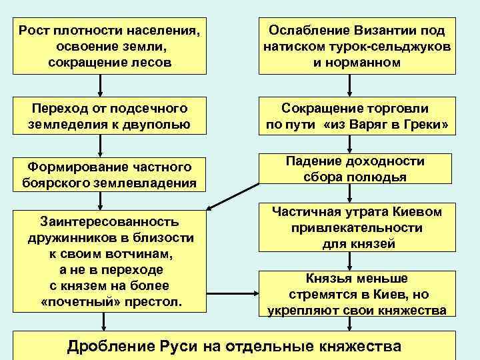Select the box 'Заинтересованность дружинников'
(x=110, y=262)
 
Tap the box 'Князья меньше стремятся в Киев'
(x=357, y=293)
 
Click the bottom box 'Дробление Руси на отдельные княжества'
(x=235, y=346)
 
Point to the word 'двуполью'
(x=162, y=125)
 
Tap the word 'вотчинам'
(x=143, y=254)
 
